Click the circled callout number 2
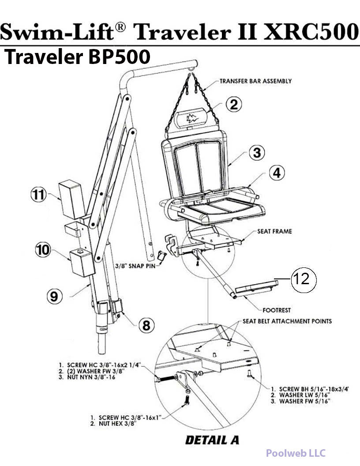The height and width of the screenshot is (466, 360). (234, 104)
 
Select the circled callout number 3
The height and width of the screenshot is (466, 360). (257, 153)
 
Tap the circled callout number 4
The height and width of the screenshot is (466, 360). (277, 173)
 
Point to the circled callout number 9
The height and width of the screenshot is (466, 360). (54, 296)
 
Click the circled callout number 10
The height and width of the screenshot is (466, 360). (43, 251)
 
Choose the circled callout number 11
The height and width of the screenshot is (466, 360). (38, 195)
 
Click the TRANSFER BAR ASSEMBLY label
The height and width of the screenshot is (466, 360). (255, 81)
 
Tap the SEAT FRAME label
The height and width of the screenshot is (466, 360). (274, 231)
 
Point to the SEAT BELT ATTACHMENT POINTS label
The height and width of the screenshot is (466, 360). (287, 321)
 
